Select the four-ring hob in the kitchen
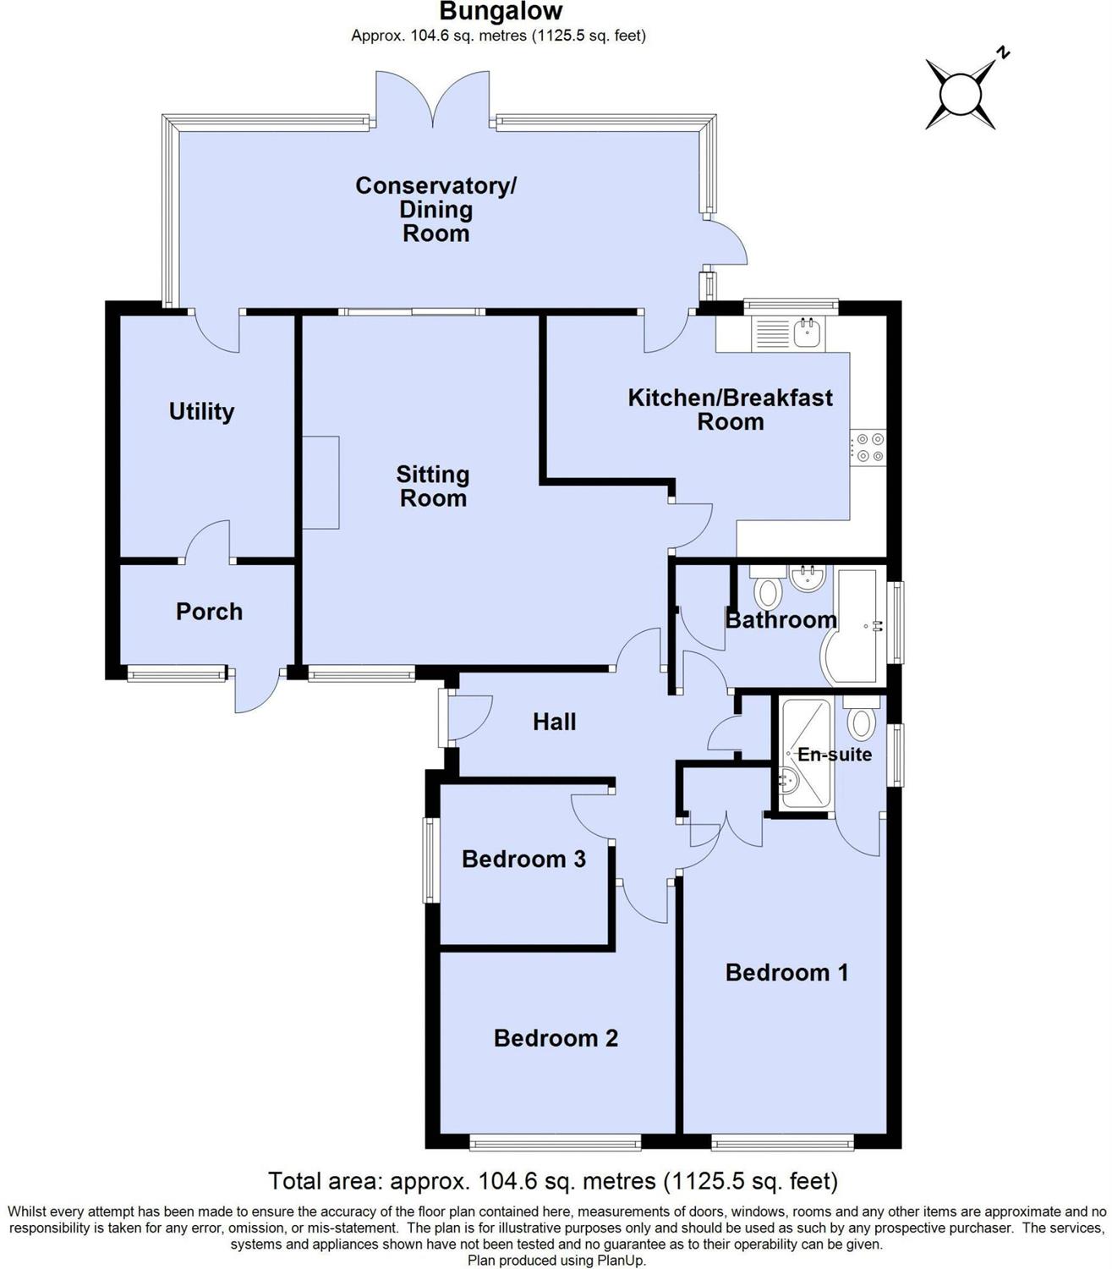pos(868,448)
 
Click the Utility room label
pos(201,411)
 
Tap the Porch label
pos(209,612)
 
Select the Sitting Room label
pos(433,486)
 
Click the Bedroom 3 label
pos(524,859)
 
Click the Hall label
pos(554,722)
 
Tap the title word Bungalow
pos(501,11)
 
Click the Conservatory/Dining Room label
pos(435,209)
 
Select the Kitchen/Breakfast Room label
pos(730,409)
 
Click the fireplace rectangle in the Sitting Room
pos(320,483)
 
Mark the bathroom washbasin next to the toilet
pos(808,578)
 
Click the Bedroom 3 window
pos(430,860)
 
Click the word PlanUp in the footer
pos(621,1260)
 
